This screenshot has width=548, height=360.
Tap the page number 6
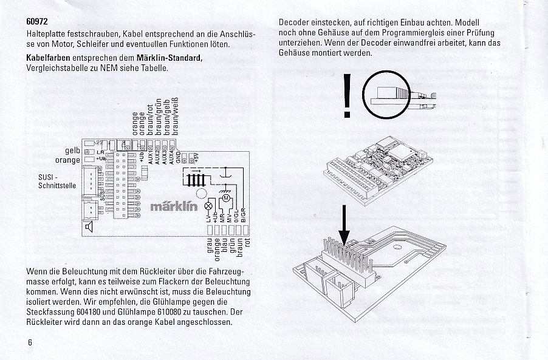point(29,342)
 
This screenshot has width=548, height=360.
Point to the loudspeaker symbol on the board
point(89,226)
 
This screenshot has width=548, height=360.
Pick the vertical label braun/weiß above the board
point(174,115)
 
